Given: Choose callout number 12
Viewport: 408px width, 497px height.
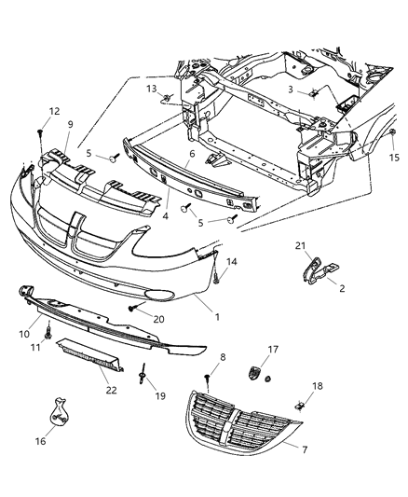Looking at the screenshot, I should point(41,110).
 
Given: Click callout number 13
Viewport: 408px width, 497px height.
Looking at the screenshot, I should point(150,88).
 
